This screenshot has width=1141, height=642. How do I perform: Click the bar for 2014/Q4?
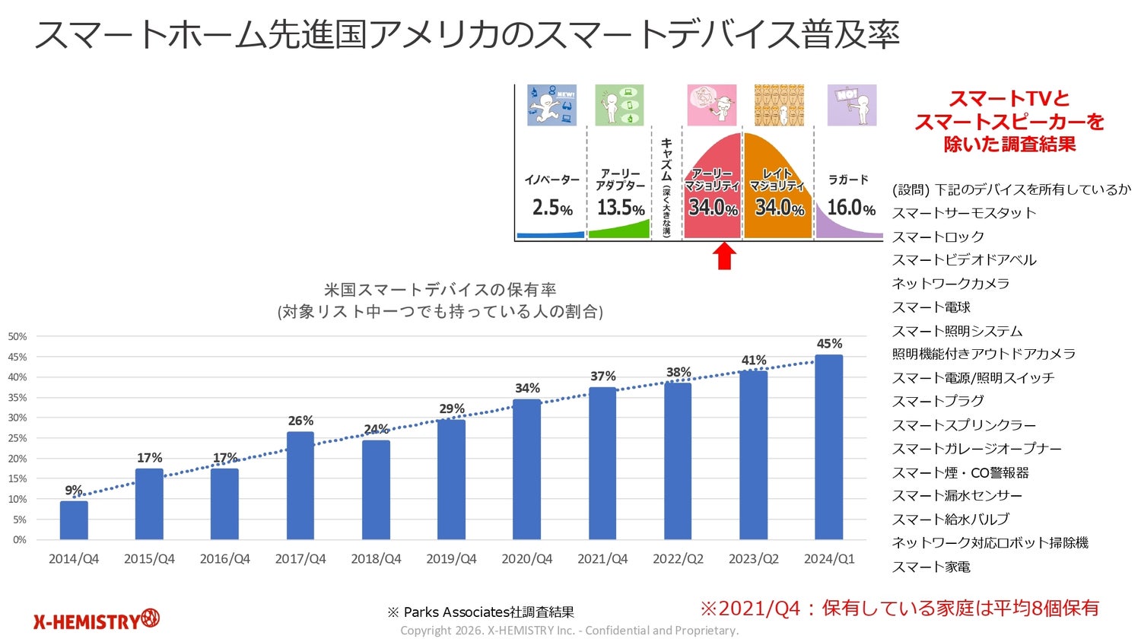[74, 520]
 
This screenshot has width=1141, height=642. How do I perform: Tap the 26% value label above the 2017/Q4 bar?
[300, 421]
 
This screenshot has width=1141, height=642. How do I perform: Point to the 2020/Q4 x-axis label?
[526, 559]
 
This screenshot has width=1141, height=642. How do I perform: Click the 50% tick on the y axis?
[17, 336]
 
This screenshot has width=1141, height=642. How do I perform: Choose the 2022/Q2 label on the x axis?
[678, 559]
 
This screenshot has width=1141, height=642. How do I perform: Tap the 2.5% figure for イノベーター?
[552, 207]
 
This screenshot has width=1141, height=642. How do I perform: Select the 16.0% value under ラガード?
[850, 207]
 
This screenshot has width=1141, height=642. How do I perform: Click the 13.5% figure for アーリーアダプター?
[621, 207]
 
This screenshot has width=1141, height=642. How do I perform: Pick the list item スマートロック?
[938, 237]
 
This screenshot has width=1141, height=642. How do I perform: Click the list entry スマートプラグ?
[938, 401]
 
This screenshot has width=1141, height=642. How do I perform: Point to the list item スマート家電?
[931, 567]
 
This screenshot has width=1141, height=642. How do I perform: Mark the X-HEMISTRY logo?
[97, 620]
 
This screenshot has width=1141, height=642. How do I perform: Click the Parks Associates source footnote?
[481, 612]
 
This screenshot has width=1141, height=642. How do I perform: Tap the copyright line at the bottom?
[569, 631]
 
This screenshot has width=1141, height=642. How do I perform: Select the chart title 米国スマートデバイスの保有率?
[440, 290]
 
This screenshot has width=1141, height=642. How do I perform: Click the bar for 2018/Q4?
[376, 490]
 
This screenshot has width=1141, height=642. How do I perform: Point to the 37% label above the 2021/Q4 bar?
[602, 377]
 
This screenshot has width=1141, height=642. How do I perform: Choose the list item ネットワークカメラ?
[951, 284]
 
